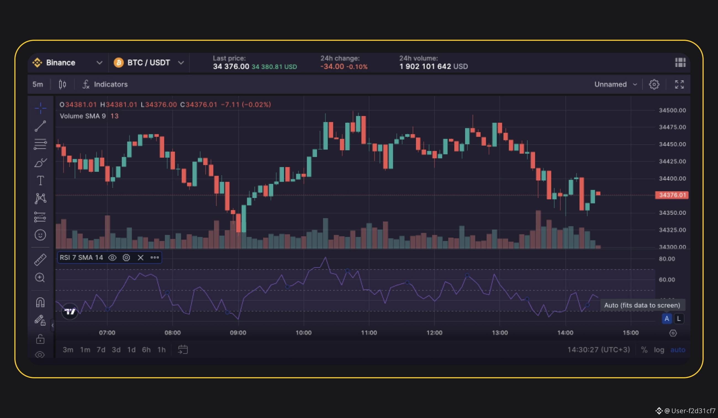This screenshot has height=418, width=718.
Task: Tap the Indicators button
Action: pos(105,84)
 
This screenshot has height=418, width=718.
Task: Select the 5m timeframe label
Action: pos(38,84)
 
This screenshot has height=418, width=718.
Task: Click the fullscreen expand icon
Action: pos(679,84)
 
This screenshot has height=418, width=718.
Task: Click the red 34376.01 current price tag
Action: pos(672,195)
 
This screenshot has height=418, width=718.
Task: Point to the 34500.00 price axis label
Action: pos(672,110)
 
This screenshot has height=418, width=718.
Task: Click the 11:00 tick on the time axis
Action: pos(369,333)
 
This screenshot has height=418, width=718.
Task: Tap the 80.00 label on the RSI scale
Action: pos(667,259)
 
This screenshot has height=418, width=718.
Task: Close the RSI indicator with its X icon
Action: pos(141,258)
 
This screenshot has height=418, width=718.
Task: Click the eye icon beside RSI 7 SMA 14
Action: pos(112,258)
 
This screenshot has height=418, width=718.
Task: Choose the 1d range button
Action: pos(131,350)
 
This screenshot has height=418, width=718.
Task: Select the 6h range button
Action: pos(146,350)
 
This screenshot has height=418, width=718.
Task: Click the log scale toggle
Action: pos(659,350)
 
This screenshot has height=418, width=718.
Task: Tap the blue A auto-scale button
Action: pos(667,319)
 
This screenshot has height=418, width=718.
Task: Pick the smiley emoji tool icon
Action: pos(40,235)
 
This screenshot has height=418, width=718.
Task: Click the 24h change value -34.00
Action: pos(332,66)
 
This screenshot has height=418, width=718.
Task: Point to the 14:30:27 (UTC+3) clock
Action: pos(599,350)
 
